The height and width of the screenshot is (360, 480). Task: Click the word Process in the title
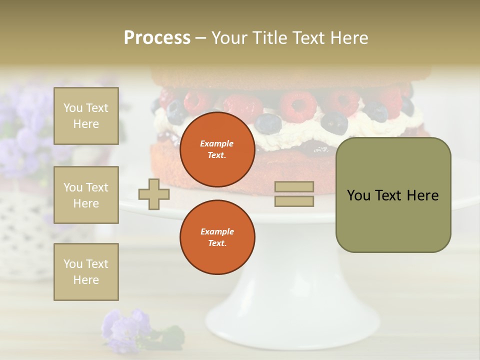[x=157, y=38]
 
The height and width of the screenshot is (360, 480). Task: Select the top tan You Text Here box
[x=86, y=116]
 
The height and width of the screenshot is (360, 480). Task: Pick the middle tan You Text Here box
[x=86, y=195]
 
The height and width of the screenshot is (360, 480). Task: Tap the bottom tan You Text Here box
[x=86, y=272]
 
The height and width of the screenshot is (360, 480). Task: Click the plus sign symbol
[x=154, y=194]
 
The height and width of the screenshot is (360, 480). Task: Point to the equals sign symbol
[x=294, y=194]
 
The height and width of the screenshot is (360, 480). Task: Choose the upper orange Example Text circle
[x=217, y=149]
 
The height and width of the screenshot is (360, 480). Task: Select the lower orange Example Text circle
[x=217, y=237]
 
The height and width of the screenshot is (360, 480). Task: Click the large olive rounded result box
[x=393, y=195]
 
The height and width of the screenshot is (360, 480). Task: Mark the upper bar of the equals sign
[x=294, y=187]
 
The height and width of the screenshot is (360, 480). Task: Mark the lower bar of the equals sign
[x=294, y=201]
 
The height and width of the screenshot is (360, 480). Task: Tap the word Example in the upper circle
[x=217, y=143]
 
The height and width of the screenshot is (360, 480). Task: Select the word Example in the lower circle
[x=217, y=231]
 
